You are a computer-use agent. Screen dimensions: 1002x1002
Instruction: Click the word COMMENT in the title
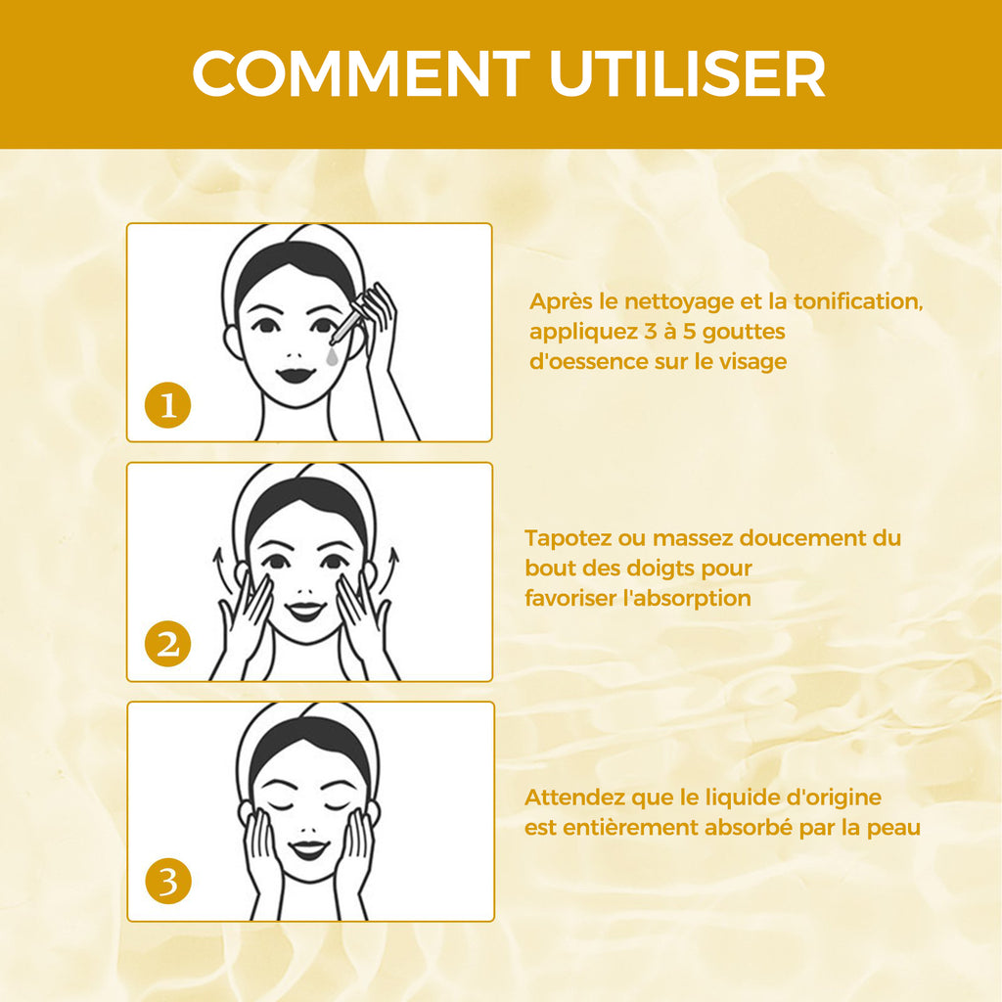click(361, 73)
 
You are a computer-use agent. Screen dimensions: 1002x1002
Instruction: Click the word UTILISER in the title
click(688, 73)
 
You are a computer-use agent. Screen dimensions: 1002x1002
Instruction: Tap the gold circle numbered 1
click(168, 405)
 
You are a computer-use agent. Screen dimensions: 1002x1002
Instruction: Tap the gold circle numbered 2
click(168, 644)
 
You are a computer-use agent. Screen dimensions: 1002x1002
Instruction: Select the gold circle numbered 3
click(168, 882)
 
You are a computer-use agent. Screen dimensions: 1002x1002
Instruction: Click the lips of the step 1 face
click(296, 375)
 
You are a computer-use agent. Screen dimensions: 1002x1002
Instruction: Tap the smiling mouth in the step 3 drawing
click(308, 850)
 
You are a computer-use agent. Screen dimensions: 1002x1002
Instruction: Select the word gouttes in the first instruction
click(744, 333)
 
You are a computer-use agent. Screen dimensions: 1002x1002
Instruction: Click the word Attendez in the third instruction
click(574, 797)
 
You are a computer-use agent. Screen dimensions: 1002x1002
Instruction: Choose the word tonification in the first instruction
click(858, 301)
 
